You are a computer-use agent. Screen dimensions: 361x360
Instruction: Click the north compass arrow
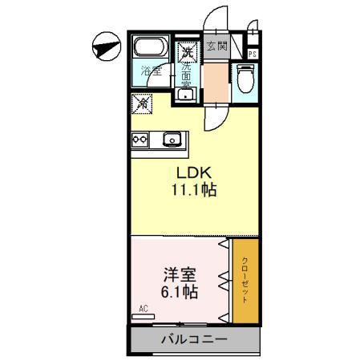coord(103,49)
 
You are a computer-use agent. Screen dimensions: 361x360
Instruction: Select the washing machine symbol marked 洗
coord(187,53)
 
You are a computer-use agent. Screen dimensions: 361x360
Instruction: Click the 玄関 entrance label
coord(216,46)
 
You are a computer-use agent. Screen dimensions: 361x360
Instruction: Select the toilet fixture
coord(245,79)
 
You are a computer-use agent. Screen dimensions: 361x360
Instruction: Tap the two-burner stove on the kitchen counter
coord(140,140)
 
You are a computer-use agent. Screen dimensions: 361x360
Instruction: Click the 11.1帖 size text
coord(193,192)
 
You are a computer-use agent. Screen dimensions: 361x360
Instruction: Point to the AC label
coord(144,308)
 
